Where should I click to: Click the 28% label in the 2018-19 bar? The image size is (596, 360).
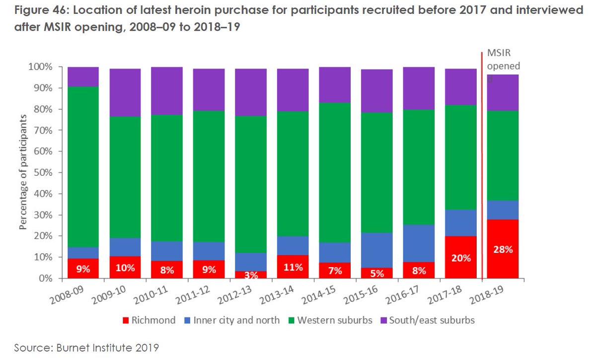[503, 250]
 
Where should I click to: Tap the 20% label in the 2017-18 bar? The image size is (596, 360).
[460, 258]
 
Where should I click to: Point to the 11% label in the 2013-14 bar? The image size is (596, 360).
[293, 267]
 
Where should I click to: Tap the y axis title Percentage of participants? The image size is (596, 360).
[23, 173]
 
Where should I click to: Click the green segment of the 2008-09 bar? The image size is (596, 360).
[83, 166]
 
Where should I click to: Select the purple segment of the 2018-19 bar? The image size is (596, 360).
[503, 92]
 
